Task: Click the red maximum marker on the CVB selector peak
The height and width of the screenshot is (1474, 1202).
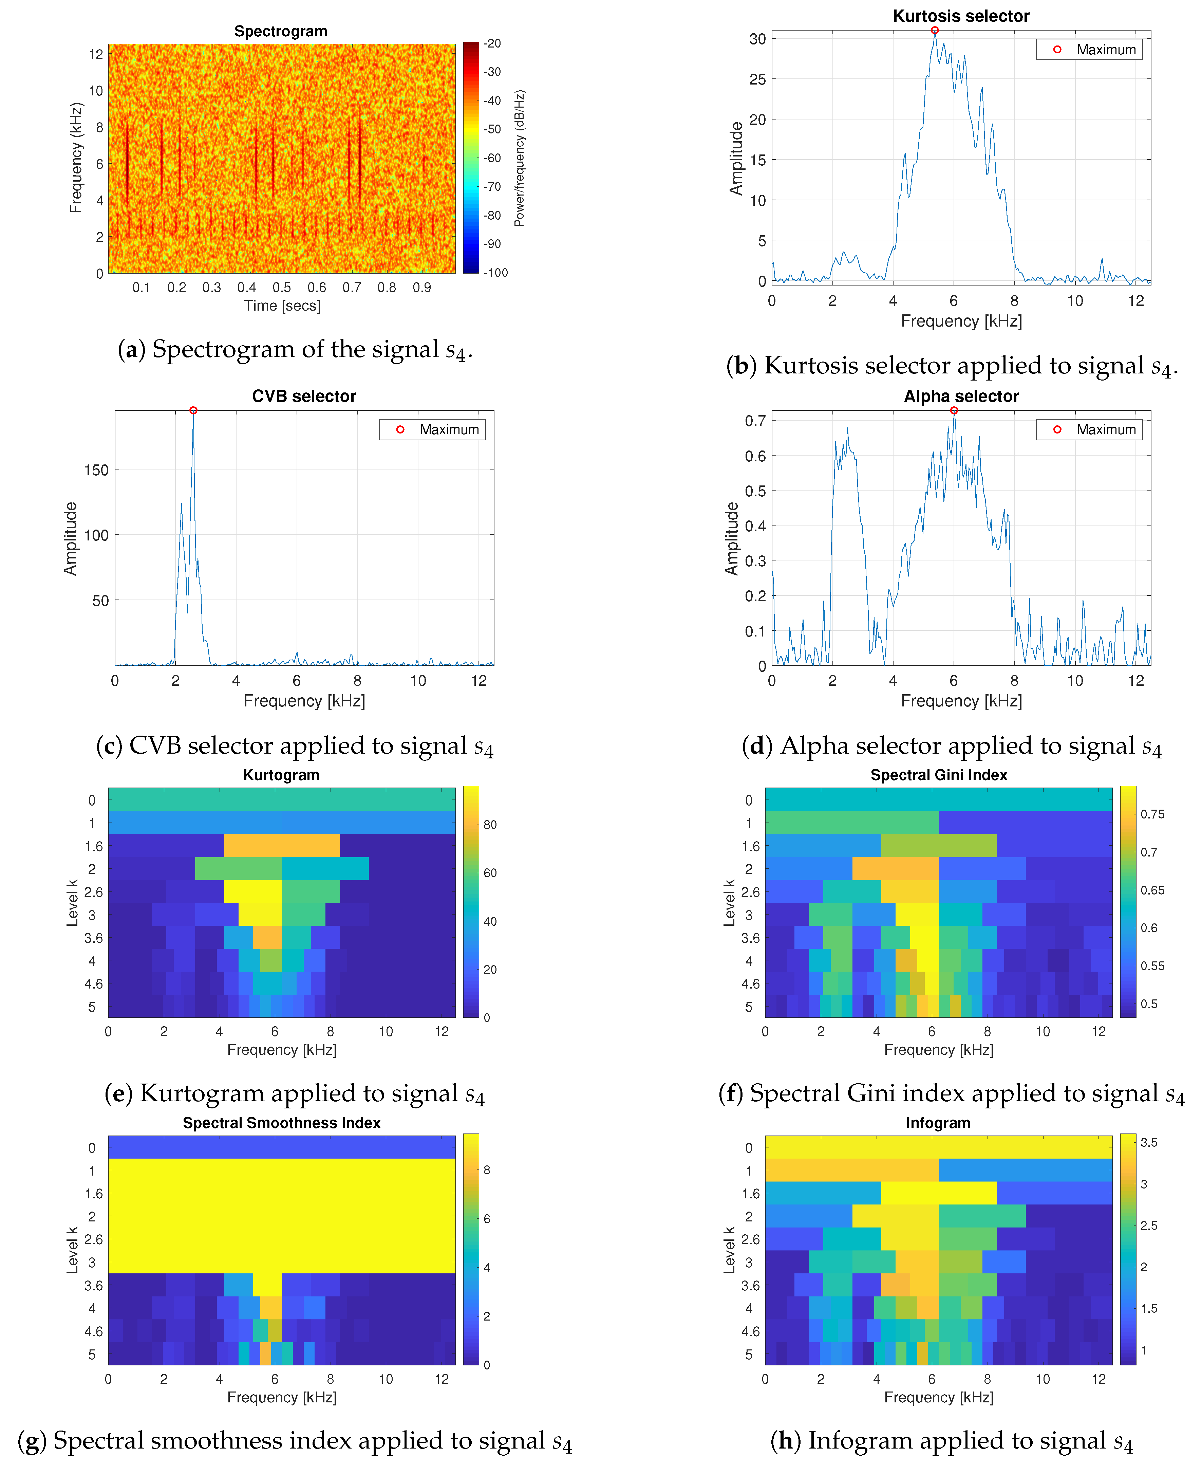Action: point(193,411)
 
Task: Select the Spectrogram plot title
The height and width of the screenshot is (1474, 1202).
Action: point(280,31)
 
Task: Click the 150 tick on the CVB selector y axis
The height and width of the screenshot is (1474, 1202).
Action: point(96,470)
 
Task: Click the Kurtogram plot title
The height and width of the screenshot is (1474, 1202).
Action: point(281,775)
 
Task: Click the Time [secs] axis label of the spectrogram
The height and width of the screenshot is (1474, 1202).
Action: point(282,306)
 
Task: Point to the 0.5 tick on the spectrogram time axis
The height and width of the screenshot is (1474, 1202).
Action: point(281,288)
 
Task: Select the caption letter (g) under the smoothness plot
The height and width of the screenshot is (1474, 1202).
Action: point(32,1441)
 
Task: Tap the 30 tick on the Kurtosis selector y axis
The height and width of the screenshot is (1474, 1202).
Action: point(757,39)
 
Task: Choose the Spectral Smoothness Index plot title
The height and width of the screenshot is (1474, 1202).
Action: point(281,1123)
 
